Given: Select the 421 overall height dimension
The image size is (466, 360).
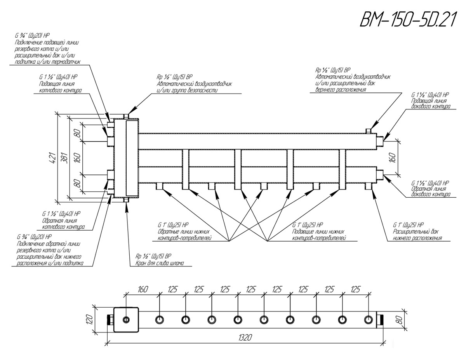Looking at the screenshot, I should pyautogui.click(x=50, y=158).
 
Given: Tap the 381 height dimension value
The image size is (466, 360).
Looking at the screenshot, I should pyautogui.click(x=62, y=157).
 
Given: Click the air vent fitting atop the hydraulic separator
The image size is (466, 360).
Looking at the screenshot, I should pyautogui.click(x=125, y=117).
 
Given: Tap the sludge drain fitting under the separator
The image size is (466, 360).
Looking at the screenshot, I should pyautogui.click(x=125, y=200).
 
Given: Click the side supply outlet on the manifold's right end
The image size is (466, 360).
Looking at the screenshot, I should pyautogui.click(x=382, y=139).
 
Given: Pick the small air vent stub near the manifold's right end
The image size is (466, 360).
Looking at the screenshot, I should pyautogui.click(x=369, y=130).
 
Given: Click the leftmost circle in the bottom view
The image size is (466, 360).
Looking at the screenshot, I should pyautogui.click(x=127, y=320).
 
